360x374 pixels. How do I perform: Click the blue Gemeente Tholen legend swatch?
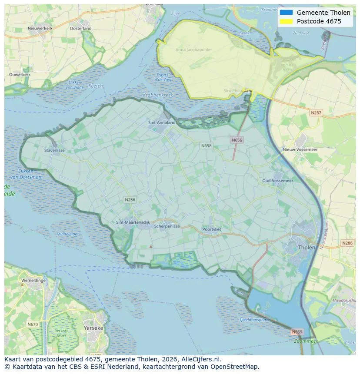[x=286, y=13]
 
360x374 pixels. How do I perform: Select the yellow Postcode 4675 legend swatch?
[x=286, y=21]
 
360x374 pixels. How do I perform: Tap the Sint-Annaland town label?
[x=162, y=122]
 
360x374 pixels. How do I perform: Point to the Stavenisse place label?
[x=54, y=150]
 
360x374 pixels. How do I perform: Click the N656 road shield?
[x=237, y=140]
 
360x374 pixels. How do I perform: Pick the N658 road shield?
[x=206, y=146]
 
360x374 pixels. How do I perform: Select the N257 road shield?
[x=316, y=113]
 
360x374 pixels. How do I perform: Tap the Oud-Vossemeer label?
[x=277, y=180]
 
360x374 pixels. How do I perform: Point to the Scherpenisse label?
[x=167, y=226]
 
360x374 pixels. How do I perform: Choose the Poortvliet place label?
[x=212, y=229]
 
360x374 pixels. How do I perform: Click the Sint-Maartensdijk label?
[x=133, y=222]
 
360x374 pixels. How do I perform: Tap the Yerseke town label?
[x=93, y=328]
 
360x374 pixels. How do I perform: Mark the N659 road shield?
[x=297, y=332]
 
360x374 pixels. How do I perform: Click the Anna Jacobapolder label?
[x=193, y=50]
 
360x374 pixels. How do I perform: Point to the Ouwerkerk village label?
[x=20, y=75]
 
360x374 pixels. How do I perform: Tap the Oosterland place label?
[x=80, y=28]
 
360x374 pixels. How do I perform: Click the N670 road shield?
[x=32, y=324]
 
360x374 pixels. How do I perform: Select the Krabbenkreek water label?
[x=158, y=95]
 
